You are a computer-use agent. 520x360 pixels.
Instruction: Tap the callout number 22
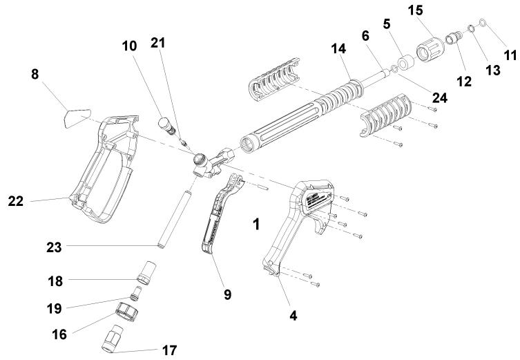click(17, 201)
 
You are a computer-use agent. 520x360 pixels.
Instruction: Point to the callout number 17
click(169, 350)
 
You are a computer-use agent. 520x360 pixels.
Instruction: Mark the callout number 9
click(227, 295)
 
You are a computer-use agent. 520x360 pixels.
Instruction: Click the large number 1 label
click(256, 225)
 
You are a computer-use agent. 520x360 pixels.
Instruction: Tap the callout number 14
click(339, 50)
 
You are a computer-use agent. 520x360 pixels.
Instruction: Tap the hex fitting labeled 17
click(113, 340)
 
